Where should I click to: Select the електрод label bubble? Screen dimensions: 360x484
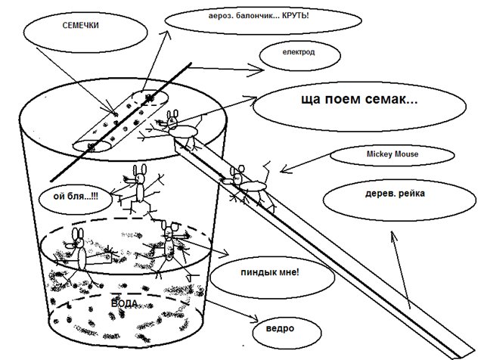296,54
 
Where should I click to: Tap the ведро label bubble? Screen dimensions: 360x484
272,330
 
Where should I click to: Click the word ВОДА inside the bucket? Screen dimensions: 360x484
124,303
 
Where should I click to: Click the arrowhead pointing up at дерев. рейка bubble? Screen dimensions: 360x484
392,237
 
